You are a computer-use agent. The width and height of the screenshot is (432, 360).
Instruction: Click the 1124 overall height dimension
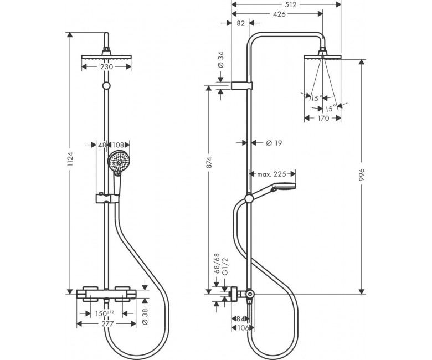pyautogui.click(x=70, y=158)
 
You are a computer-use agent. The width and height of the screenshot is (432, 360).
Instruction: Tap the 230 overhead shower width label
pyautogui.click(x=107, y=66)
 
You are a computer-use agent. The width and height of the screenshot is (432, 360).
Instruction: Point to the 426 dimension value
pyautogui.click(x=279, y=14)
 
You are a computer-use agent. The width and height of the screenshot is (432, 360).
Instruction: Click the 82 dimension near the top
pyautogui.click(x=240, y=23)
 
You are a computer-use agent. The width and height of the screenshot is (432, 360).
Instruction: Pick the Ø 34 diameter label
pyautogui.click(x=220, y=60)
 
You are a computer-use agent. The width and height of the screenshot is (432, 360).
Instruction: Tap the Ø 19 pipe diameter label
pyautogui.click(x=274, y=143)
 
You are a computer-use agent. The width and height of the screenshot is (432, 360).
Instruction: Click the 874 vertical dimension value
pyautogui.click(x=209, y=162)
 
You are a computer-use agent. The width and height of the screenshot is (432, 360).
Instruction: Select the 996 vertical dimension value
pyautogui.click(x=362, y=174)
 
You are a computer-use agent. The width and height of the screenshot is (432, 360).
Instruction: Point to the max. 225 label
pyautogui.click(x=271, y=174)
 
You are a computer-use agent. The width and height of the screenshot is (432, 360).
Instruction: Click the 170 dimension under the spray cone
pyautogui.click(x=323, y=118)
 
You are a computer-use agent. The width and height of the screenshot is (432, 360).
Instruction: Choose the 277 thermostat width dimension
pyautogui.click(x=107, y=324)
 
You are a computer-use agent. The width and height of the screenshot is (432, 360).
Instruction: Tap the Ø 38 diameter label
pyautogui.click(x=145, y=316)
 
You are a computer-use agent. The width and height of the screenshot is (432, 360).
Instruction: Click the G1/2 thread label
pyautogui.click(x=225, y=267)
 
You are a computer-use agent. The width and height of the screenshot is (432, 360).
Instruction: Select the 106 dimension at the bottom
pyautogui.click(x=243, y=328)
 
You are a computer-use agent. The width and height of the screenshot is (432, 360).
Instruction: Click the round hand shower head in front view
pyautogui.click(x=119, y=162)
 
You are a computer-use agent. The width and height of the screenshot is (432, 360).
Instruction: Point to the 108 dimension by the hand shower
pyautogui.click(x=117, y=145)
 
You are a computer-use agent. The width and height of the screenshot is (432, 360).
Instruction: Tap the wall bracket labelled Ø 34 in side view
pyautogui.click(x=241, y=86)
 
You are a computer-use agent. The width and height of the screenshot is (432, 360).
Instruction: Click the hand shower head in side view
pyautogui.click(x=284, y=187)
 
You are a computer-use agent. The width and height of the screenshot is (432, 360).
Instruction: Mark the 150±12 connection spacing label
pyautogui.click(x=105, y=313)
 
